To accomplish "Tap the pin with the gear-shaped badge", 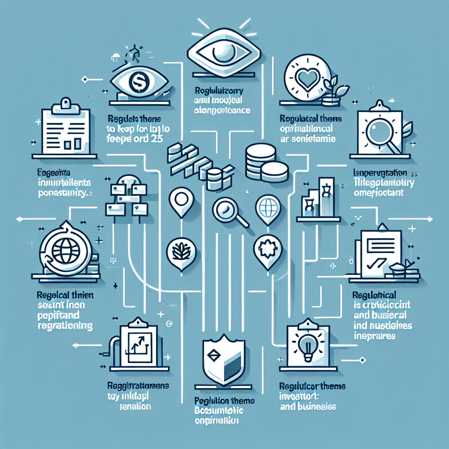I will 266,252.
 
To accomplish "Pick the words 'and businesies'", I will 307,406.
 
